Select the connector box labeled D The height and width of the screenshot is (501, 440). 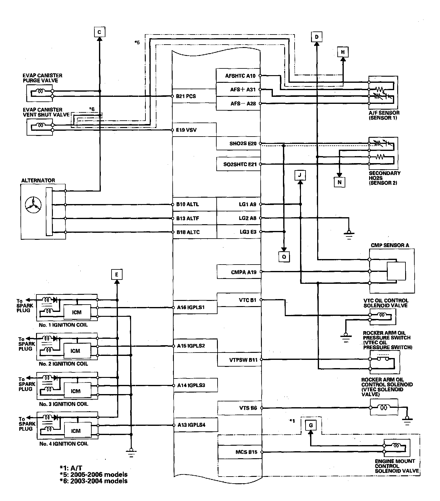pos(317,37)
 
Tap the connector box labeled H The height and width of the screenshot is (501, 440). pos(343,52)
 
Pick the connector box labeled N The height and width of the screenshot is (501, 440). pos(339,182)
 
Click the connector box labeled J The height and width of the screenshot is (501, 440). pos(300,175)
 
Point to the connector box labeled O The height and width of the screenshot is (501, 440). pos(284,257)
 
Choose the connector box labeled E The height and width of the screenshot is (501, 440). pos(117,275)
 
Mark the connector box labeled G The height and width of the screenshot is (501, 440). pos(311,425)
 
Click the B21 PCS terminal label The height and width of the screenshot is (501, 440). pos(186,96)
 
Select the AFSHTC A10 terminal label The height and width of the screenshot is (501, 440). pos(240,76)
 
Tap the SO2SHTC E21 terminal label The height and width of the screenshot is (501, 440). pos(240,164)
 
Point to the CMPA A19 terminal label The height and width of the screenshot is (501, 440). pos(244,272)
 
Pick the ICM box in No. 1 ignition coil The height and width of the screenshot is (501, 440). pos(77,312)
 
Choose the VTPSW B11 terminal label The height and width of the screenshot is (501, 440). pos(243,360)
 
